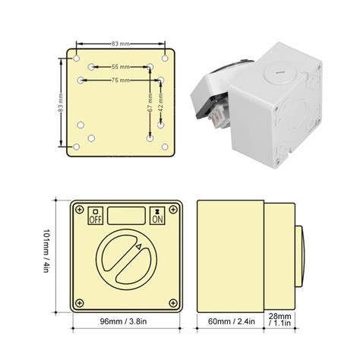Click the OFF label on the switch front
point(96,216)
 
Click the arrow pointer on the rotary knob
point(137,246)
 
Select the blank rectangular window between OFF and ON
point(127,214)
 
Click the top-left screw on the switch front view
point(77,207)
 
